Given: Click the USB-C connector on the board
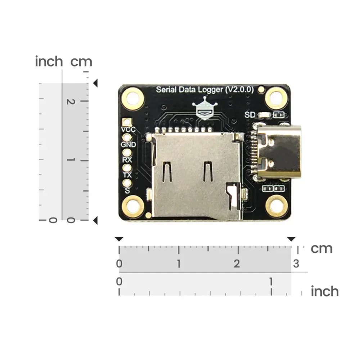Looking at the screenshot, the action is [279, 152].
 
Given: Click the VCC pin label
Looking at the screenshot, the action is [129, 130].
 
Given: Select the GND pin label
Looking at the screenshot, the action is [129, 145].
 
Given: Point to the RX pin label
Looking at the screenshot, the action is [127, 160].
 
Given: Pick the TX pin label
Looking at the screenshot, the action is [127, 175].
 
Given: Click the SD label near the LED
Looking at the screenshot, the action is [250, 115].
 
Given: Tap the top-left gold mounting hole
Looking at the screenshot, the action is [133, 99].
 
